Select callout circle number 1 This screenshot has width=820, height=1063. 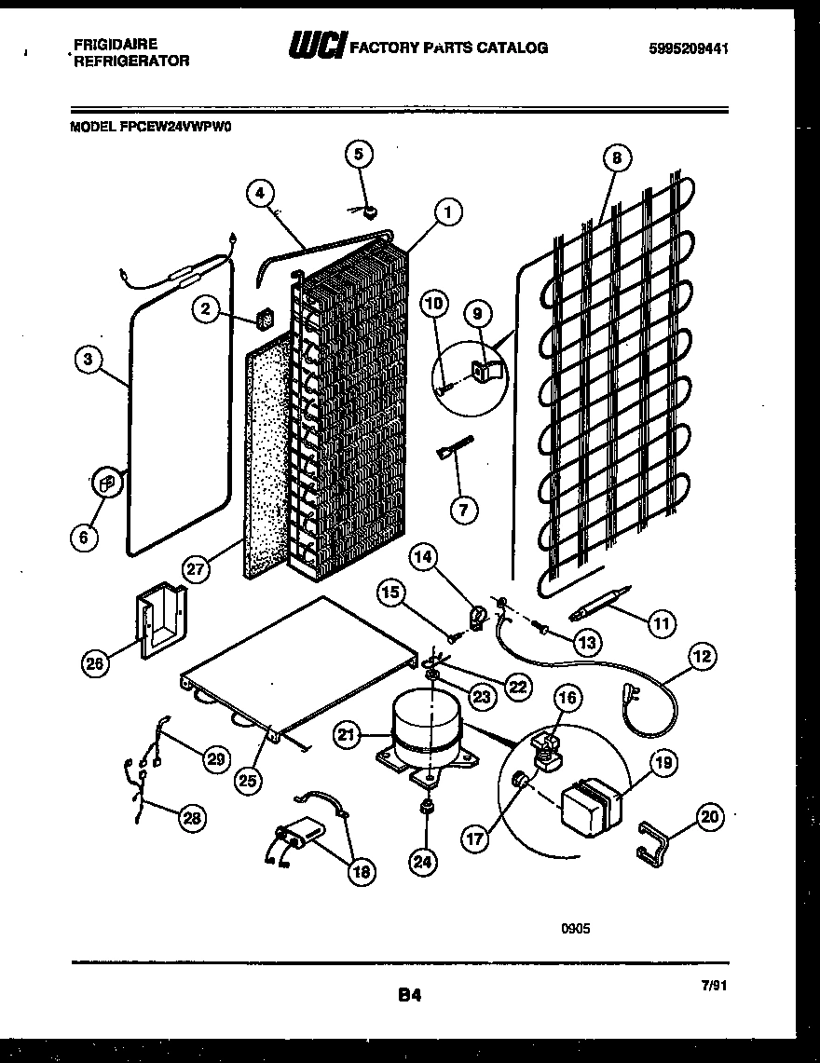point(448,212)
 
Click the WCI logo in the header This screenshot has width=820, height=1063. point(318,46)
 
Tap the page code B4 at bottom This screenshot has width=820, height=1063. point(410,996)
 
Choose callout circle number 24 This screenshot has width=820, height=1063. point(423,862)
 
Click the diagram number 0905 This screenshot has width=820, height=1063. point(576,928)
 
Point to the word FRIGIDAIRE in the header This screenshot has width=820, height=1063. point(114,43)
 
